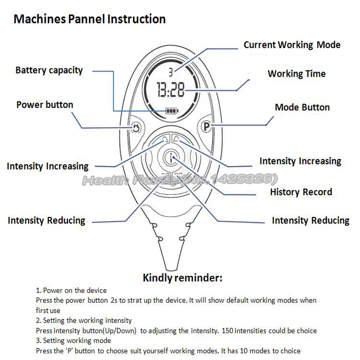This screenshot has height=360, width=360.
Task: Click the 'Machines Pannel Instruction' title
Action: [x=90, y=19]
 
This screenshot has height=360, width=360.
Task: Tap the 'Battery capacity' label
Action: [x=49, y=70]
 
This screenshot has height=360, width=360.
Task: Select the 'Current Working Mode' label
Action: [x=292, y=45]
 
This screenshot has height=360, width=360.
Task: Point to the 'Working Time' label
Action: [x=297, y=74]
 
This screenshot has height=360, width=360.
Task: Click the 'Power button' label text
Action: [x=45, y=105]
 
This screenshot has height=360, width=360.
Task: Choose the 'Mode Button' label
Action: [x=302, y=108]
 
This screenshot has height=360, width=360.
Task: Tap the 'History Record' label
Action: [x=301, y=192]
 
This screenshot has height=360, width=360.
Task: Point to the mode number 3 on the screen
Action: [x=171, y=72]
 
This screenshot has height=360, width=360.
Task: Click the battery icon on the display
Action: [x=171, y=110]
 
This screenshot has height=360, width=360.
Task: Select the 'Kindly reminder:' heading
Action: [x=182, y=278]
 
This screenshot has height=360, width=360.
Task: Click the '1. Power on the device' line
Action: [x=71, y=291]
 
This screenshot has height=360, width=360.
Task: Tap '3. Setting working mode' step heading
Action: [x=73, y=341]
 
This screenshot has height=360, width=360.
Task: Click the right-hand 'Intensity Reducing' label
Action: [x=310, y=220]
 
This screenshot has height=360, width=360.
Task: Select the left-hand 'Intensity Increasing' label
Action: [x=48, y=166]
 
